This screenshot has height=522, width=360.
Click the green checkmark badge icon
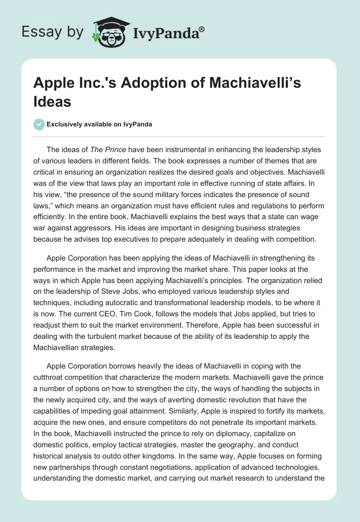(x=39, y=124)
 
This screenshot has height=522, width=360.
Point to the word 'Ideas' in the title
(x=53, y=101)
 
